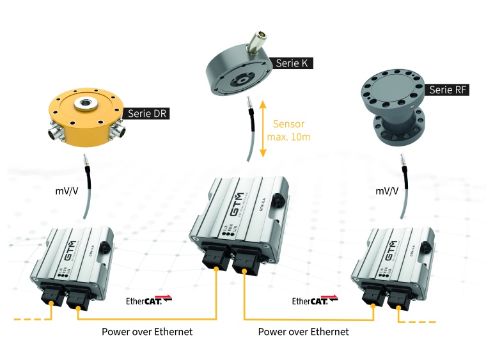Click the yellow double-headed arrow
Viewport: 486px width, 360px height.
click(x=263, y=129)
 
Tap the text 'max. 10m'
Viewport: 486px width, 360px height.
click(x=290, y=137)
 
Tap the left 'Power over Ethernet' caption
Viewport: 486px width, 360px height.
click(x=147, y=332)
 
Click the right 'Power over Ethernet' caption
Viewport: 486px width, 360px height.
click(x=304, y=332)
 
